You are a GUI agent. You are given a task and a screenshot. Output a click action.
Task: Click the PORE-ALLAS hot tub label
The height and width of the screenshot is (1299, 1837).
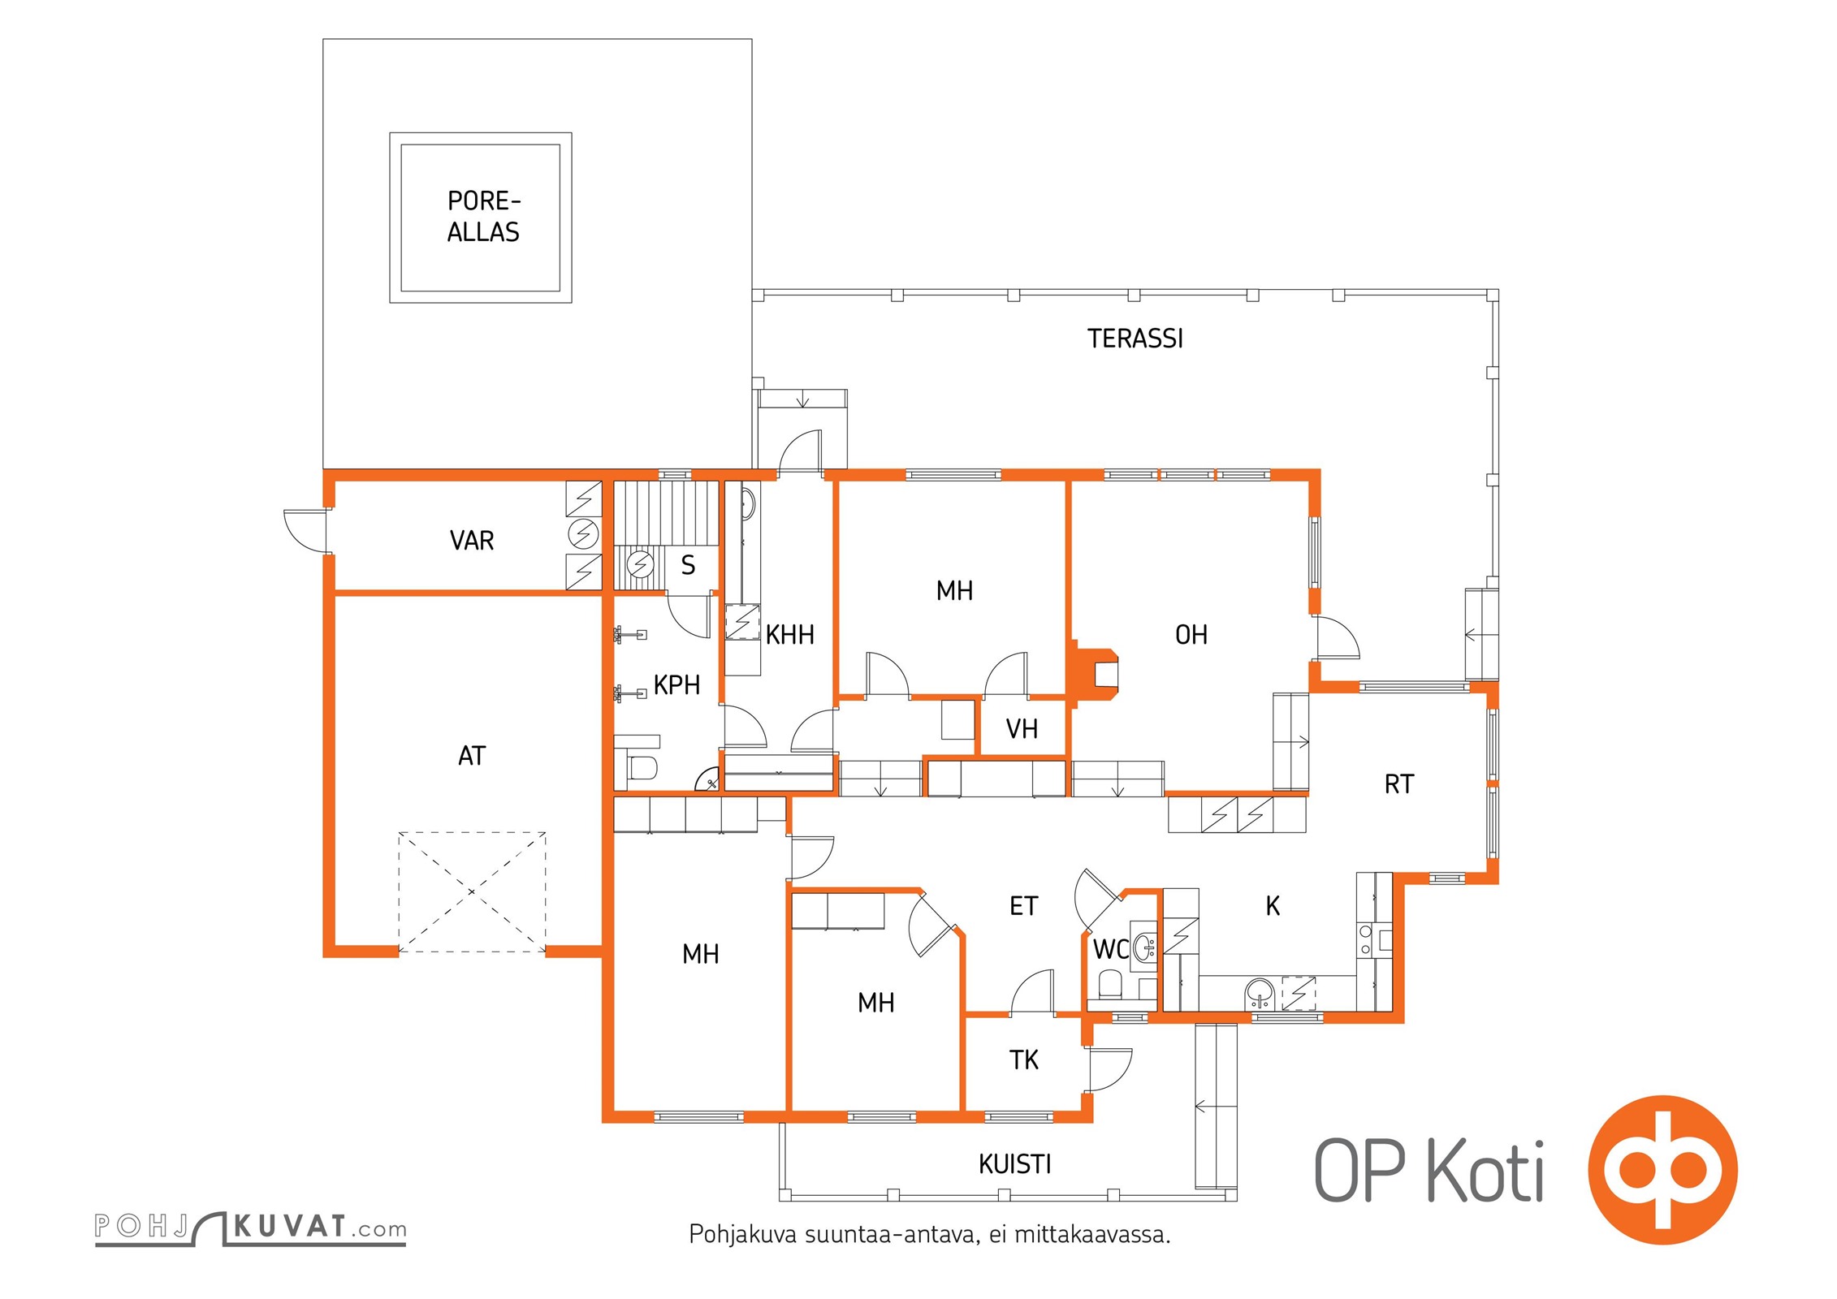[483, 217]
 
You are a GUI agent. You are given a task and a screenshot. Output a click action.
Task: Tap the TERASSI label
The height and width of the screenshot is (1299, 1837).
[1135, 339]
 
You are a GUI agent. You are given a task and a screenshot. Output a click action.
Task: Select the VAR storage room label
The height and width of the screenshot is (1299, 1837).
[472, 541]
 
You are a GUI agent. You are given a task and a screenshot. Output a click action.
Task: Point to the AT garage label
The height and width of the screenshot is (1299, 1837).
[472, 756]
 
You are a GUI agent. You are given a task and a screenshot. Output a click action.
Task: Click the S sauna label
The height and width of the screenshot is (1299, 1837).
[688, 565]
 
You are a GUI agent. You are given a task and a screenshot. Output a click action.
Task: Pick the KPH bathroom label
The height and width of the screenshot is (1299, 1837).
[676, 685]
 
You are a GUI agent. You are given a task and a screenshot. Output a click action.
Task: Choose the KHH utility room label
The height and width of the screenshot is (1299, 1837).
[789, 635]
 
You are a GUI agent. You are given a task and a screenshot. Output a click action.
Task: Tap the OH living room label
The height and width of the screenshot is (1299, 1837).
[1191, 635]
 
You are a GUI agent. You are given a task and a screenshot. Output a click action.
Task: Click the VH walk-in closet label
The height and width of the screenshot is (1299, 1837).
[1022, 729]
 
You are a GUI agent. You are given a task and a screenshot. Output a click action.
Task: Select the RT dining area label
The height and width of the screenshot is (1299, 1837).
[1399, 784]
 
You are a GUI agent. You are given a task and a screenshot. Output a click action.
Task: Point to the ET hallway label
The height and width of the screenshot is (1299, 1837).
[1023, 906]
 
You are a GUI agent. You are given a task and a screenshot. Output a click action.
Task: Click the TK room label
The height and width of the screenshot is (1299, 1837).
[1023, 1059]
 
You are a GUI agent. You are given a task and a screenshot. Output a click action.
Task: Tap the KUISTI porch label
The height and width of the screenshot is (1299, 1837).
[1015, 1165]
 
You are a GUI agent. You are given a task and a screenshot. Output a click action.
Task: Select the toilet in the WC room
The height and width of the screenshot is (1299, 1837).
[1109, 986]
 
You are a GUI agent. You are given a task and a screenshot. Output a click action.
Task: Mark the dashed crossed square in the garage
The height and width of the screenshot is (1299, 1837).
[472, 892]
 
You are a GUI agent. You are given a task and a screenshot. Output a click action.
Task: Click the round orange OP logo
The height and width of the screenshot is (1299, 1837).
[1662, 1170]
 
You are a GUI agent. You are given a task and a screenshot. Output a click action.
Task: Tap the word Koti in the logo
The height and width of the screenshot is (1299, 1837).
[1485, 1172]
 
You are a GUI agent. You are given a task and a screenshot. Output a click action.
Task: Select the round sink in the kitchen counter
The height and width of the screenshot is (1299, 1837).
[1260, 993]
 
